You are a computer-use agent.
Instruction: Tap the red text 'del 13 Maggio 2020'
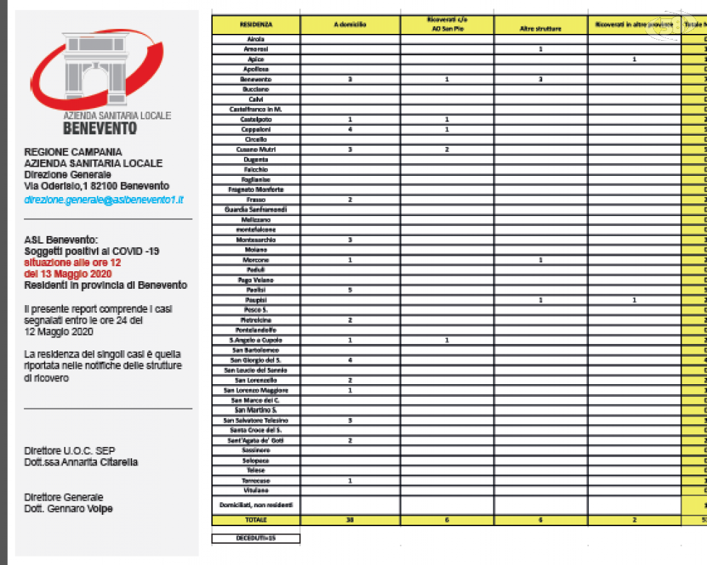click(x=68, y=274)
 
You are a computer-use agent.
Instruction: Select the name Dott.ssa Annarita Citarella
click(x=81, y=462)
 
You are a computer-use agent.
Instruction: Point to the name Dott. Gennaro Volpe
click(x=68, y=509)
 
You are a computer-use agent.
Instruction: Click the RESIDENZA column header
click(x=256, y=25)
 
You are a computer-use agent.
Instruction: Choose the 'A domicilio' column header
click(x=350, y=25)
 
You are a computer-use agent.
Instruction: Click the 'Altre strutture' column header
click(x=540, y=28)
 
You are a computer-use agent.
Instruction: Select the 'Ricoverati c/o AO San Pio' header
click(x=446, y=24)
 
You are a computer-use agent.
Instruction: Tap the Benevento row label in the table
click(x=256, y=80)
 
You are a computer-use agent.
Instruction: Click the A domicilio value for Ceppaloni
click(x=350, y=130)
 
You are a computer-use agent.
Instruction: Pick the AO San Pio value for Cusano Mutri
click(x=446, y=150)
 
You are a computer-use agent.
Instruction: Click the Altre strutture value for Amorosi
click(x=540, y=49)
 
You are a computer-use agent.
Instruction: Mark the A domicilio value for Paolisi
click(x=350, y=290)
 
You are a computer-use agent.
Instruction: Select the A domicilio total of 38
click(x=350, y=520)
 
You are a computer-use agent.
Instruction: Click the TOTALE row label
click(x=256, y=520)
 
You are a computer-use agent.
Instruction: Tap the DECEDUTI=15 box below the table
click(x=256, y=538)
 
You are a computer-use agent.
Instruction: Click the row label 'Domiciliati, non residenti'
click(x=256, y=505)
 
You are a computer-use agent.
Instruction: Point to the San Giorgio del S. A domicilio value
click(x=350, y=360)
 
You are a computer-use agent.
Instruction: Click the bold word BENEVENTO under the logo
click(x=100, y=129)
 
